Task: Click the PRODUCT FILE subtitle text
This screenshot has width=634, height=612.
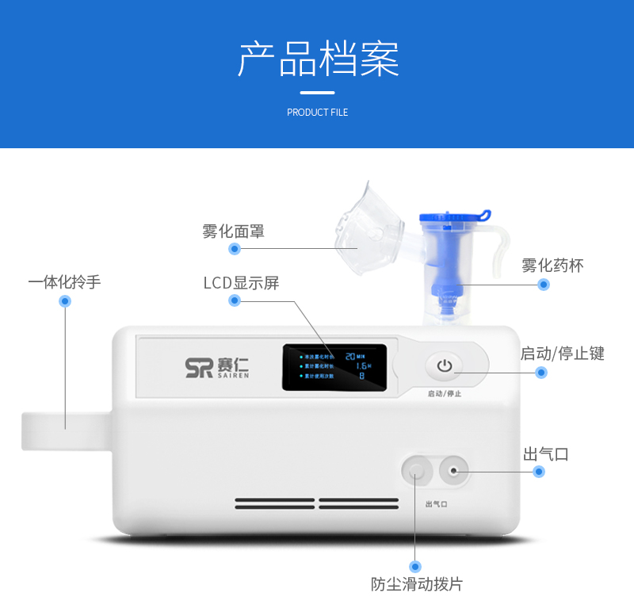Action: [317, 113]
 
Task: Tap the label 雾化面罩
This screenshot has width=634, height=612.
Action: [233, 231]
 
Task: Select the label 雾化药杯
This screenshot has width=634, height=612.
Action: [552, 266]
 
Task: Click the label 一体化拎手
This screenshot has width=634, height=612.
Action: [64, 281]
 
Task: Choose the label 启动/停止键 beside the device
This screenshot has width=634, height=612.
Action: [562, 354]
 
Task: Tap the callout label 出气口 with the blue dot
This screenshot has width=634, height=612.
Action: [546, 454]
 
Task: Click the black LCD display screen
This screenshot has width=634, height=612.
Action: [334, 366]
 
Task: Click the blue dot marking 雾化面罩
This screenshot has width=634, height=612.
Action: [234, 249]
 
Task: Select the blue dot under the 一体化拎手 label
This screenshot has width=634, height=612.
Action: [65, 301]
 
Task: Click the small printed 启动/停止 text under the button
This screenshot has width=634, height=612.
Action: [444, 394]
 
